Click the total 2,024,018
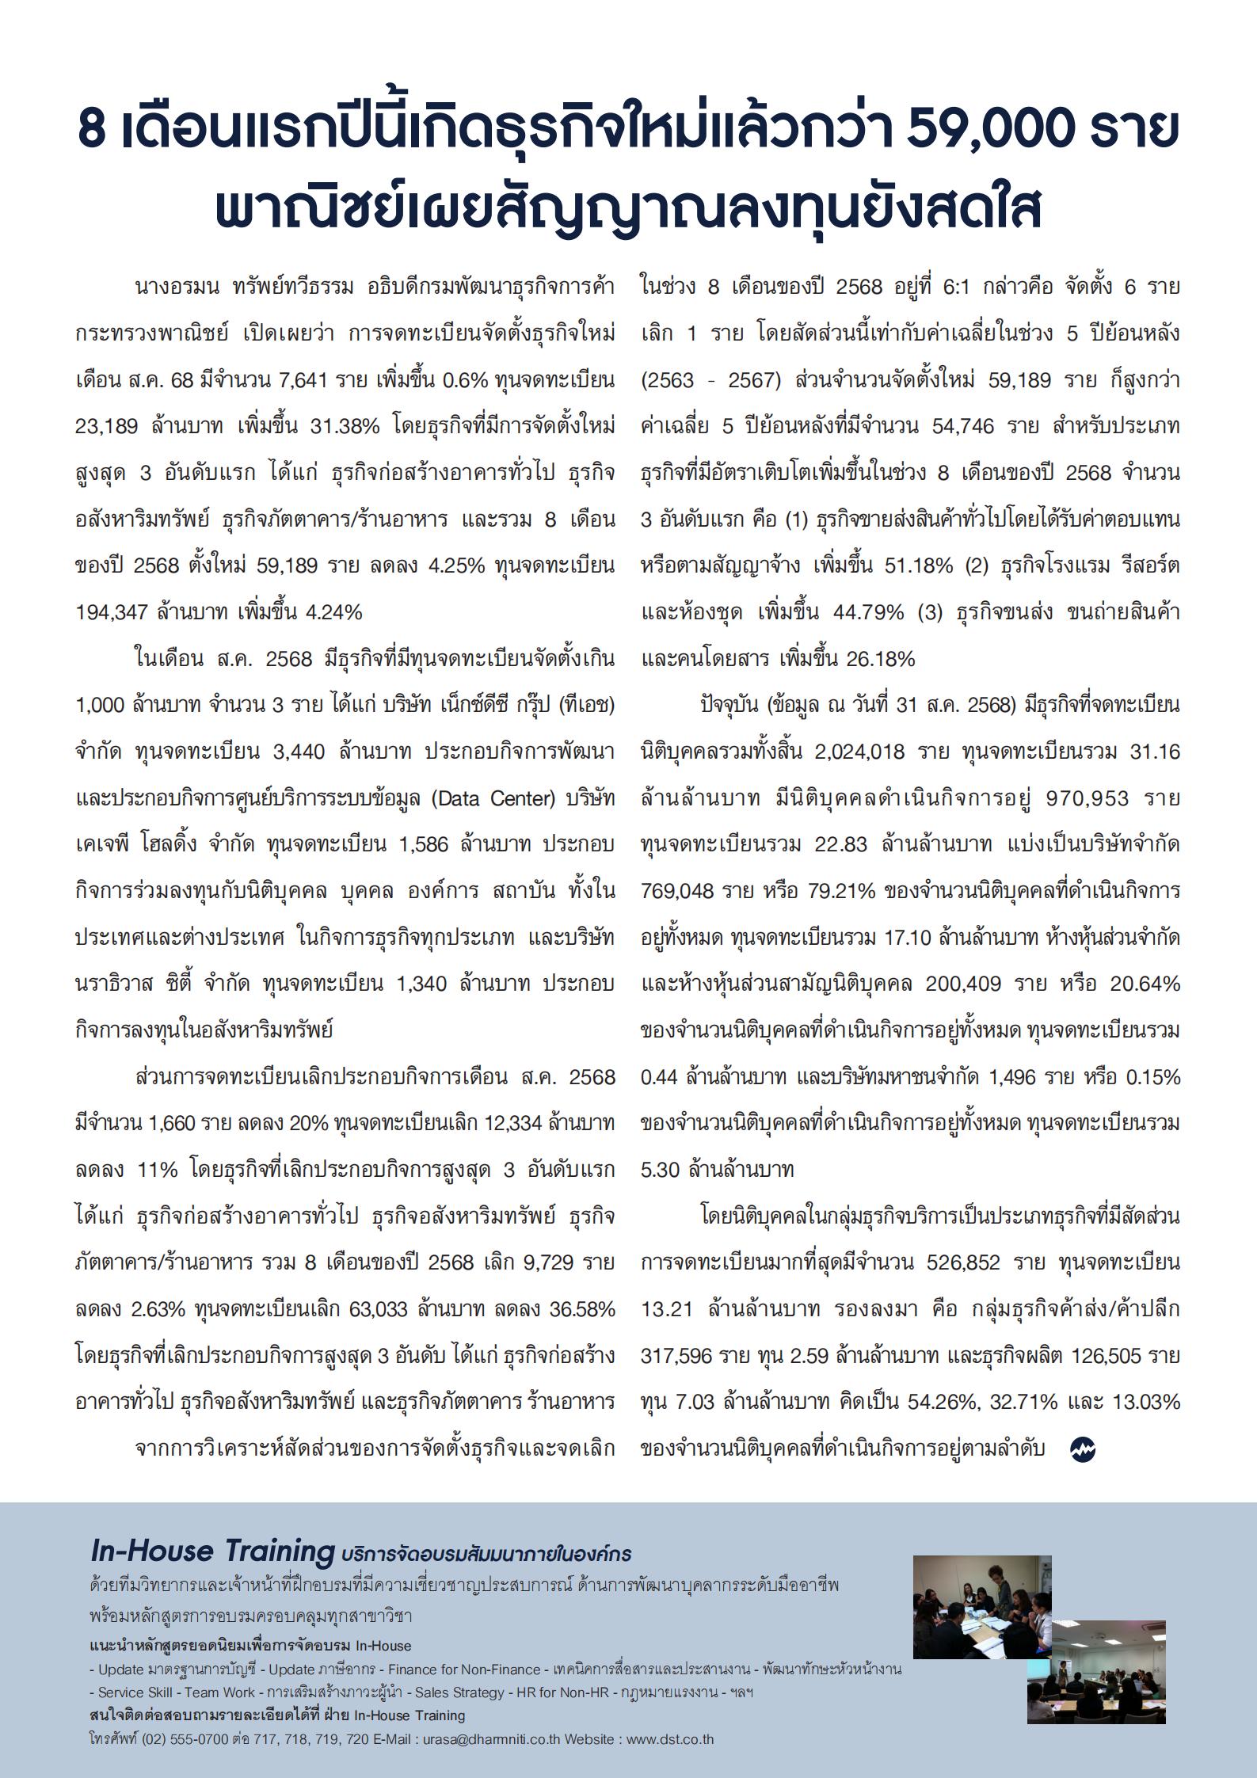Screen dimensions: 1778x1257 point(860,752)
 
